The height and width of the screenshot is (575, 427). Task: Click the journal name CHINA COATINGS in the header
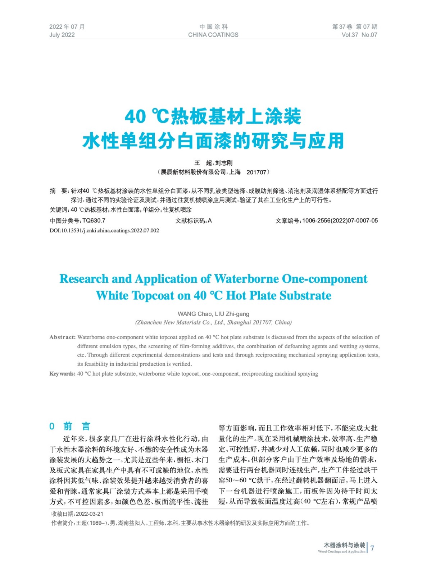click(x=213, y=35)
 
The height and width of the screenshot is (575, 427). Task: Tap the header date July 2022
click(x=62, y=35)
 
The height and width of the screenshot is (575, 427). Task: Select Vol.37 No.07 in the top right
click(x=359, y=35)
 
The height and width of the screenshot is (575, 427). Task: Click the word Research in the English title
click(x=84, y=279)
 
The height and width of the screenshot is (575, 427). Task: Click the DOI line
click(x=104, y=231)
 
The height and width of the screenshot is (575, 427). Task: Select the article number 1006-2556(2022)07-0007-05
click(x=340, y=221)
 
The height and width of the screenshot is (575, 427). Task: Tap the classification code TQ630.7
click(x=94, y=221)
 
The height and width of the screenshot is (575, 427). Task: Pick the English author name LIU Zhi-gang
click(x=232, y=314)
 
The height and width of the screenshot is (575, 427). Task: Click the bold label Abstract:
click(x=63, y=337)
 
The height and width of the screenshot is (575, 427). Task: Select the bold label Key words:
click(x=62, y=374)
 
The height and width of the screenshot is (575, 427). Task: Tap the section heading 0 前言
click(x=70, y=426)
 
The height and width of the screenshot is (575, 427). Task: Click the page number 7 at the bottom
click(x=372, y=548)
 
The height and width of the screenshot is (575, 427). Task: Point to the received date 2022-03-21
click(x=90, y=514)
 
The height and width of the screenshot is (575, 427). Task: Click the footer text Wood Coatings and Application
click(x=341, y=552)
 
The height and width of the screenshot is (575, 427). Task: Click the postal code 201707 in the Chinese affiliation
click(x=256, y=172)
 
